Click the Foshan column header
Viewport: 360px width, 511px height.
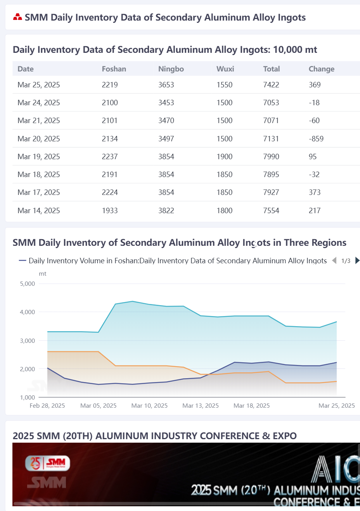(114, 69)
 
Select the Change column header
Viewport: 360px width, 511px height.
(322, 69)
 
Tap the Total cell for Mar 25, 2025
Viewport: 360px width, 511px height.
(271, 85)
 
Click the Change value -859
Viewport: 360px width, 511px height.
(316, 139)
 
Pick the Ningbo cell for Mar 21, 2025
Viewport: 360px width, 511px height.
(166, 120)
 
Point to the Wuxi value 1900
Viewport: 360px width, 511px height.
(225, 157)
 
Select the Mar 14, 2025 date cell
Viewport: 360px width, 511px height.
(39, 210)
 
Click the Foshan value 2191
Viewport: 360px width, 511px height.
(110, 174)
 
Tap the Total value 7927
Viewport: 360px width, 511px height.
(271, 192)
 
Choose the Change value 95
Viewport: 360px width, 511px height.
(313, 157)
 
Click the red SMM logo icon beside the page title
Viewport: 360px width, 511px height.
(17, 17)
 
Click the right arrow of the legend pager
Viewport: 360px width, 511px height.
(357, 261)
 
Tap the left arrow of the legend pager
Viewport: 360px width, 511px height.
(334, 261)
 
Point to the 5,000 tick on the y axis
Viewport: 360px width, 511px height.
(27, 284)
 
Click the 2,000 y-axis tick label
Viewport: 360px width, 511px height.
(27, 369)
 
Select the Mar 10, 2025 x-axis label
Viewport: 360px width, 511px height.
(149, 406)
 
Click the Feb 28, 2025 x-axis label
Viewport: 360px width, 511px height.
(47, 406)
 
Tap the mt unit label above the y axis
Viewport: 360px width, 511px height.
(43, 274)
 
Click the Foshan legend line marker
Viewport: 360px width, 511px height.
(22, 261)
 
